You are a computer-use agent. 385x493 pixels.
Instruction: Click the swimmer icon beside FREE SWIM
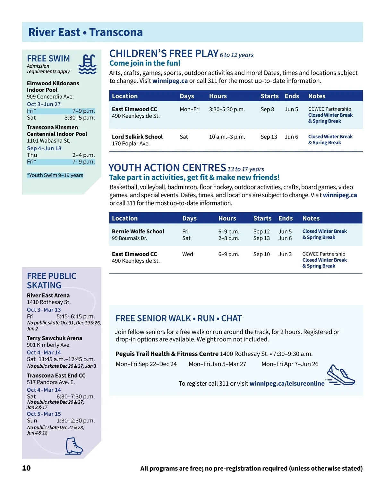coord(88,64)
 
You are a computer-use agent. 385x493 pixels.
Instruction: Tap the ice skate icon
coord(74,446)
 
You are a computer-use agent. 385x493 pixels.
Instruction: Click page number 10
coord(26,468)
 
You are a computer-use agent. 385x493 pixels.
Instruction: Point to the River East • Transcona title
coord(85,32)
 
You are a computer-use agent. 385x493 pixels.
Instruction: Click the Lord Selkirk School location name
coord(137,137)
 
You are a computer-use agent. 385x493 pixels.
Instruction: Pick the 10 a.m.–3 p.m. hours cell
coord(227,137)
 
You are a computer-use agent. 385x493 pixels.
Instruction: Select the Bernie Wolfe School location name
coord(138,231)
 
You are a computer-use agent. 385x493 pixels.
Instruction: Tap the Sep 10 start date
coord(261,254)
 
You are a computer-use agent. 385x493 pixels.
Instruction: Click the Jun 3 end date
coord(285,254)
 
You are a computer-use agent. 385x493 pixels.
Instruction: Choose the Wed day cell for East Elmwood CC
coord(188,254)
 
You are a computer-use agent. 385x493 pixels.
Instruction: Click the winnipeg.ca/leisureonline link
coord(287,383)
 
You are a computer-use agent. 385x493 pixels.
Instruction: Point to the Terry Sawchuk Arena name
coord(55,338)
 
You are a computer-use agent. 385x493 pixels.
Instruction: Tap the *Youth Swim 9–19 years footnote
coord(55,175)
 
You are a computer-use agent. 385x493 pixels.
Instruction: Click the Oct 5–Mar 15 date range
coord(44,414)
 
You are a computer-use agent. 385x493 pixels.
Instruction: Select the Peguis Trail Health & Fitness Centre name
coord(167,354)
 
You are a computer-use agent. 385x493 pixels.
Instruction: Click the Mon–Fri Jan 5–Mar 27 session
coord(217,364)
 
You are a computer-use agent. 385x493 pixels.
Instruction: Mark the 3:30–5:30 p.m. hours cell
coord(227,109)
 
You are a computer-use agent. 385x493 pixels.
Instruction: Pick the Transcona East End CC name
coord(56,375)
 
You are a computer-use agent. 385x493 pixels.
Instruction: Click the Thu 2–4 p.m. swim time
coord(61,155)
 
